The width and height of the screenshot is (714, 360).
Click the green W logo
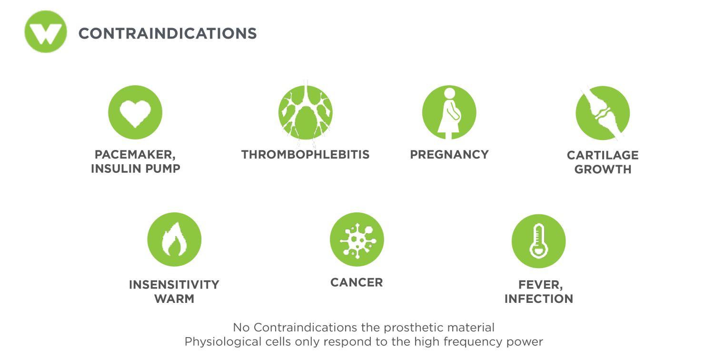click(x=46, y=31)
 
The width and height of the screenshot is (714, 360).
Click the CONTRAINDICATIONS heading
click(x=168, y=33)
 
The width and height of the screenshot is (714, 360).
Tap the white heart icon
click(x=135, y=113)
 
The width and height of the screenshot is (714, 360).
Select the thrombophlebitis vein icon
click(x=306, y=112)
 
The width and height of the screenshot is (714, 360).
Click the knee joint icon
click(x=603, y=113)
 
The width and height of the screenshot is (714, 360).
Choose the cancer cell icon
click(x=357, y=240)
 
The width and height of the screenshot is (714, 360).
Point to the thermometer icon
click(x=538, y=241)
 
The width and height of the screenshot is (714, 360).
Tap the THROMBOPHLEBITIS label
click(x=306, y=155)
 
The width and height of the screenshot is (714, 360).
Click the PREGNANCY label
click(x=449, y=155)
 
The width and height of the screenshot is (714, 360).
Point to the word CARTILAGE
click(x=603, y=155)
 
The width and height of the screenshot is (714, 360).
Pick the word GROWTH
click(x=603, y=170)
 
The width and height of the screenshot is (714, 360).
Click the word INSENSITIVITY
click(x=174, y=285)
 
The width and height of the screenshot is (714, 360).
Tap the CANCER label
click(x=357, y=282)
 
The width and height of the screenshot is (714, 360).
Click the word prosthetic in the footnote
click(x=414, y=328)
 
